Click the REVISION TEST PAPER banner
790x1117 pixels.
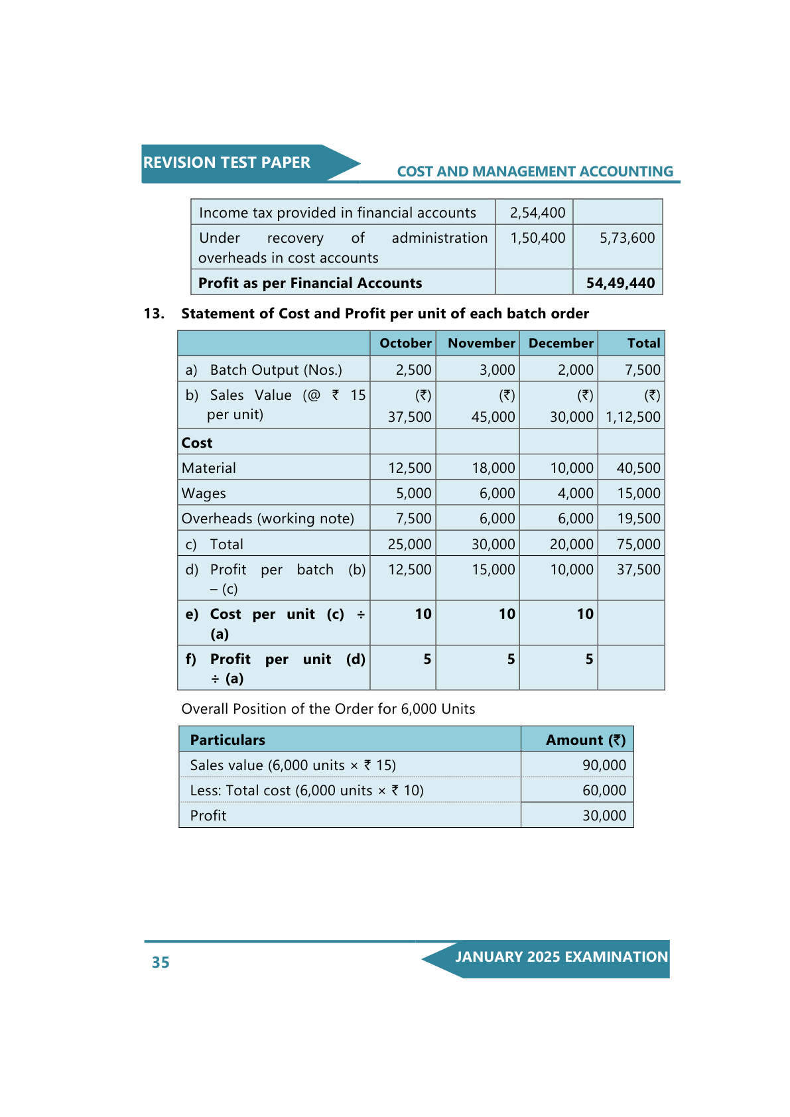227,163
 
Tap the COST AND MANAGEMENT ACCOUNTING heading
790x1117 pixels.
535,172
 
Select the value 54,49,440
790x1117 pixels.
620,283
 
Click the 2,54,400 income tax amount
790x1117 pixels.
537,213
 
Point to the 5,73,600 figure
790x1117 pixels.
627,238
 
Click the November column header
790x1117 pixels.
481,343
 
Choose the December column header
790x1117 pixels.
560,343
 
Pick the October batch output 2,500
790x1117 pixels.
413,370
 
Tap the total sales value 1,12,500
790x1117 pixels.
633,417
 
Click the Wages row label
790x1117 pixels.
204,493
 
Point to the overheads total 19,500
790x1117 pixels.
638,519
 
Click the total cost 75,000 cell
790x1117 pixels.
638,545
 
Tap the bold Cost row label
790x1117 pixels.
197,443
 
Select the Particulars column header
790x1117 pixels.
228,740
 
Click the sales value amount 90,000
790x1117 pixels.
604,765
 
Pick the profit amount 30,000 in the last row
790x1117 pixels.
604,816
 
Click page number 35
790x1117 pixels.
161,962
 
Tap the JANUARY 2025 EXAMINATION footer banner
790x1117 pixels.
560,957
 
